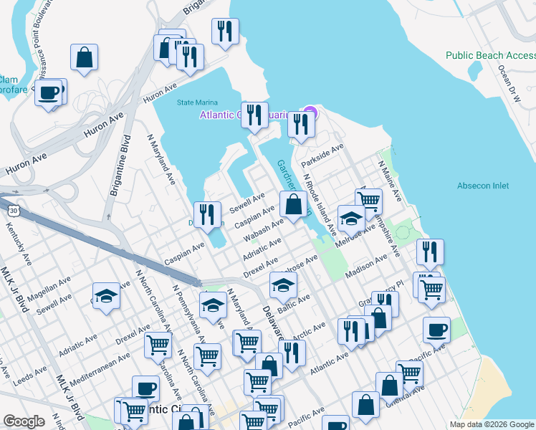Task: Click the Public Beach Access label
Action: [x=490, y=55]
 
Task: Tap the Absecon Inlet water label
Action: [x=483, y=186]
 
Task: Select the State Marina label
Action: [x=198, y=102]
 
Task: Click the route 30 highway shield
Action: [x=13, y=211]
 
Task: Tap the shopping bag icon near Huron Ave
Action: [x=85, y=58]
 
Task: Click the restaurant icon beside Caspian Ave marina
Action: [x=207, y=214]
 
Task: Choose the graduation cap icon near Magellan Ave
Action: [x=106, y=296]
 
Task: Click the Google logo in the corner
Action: [x=24, y=422]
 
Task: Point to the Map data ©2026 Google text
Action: [x=491, y=424]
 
